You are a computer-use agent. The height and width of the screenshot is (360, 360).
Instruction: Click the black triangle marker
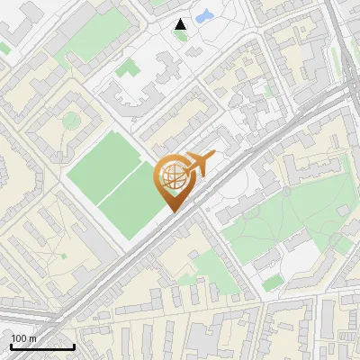[x=181, y=24]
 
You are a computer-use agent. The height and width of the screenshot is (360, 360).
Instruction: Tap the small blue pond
[x=203, y=15]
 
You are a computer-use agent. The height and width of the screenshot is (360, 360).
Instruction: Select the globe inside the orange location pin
[x=175, y=177]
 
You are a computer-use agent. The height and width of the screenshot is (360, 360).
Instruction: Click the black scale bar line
[x=42, y=347]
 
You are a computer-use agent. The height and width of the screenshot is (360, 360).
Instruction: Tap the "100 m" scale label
[x=23, y=338]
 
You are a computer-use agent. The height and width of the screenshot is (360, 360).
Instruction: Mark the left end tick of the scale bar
[x=11, y=345]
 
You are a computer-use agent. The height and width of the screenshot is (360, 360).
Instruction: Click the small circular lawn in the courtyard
[x=69, y=120]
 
